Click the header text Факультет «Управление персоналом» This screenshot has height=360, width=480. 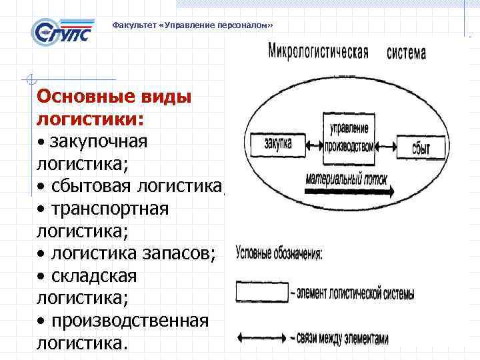point(193,25)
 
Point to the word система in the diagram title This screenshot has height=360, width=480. point(406,53)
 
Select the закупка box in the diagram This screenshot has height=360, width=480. point(277,143)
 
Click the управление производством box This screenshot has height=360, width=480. point(348,137)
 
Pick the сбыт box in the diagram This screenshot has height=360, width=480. point(421,146)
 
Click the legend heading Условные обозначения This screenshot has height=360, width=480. point(279,253)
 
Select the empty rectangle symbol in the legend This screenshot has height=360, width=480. point(261,292)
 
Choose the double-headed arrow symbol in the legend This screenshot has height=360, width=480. point(261,337)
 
